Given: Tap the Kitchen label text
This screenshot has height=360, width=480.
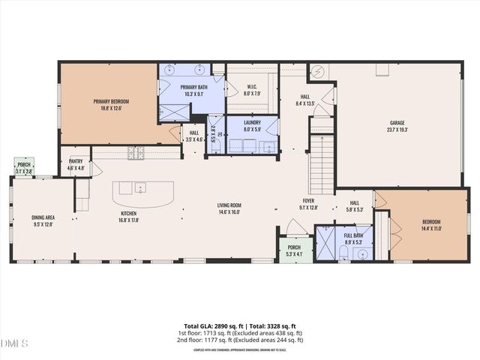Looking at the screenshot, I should pos(129,213).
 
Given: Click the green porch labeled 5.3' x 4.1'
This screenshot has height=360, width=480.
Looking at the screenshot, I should pos(293,250).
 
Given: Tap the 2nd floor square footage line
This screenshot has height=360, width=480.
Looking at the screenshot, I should pos(240,339).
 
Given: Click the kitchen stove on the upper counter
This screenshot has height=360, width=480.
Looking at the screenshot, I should pos(137,153).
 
